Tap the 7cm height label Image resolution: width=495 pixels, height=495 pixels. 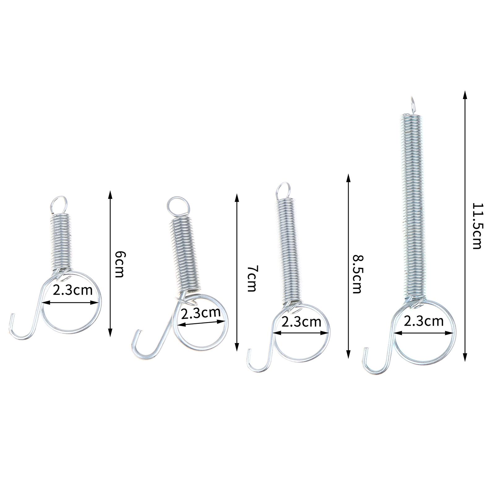pyautogui.click(x=251, y=278)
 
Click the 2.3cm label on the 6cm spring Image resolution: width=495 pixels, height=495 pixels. pyautogui.click(x=73, y=290)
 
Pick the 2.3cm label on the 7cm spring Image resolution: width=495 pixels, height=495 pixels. pyautogui.click(x=201, y=313)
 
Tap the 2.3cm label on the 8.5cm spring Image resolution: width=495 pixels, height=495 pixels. pyautogui.click(x=301, y=322)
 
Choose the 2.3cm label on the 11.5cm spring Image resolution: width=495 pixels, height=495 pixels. pyautogui.click(x=424, y=321)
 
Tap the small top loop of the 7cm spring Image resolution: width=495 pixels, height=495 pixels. pyautogui.click(x=176, y=206)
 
